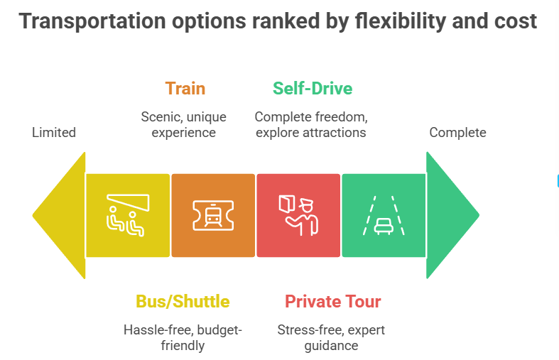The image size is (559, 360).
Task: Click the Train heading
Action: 185,89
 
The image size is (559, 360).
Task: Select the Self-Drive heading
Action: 312,89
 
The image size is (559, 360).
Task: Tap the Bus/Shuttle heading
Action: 183,301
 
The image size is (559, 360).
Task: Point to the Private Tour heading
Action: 332,301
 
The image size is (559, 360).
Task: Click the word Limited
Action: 54,132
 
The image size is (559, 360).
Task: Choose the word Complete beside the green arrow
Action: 457,132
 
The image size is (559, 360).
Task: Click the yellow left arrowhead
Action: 60,214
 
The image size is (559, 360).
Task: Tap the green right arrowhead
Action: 451,214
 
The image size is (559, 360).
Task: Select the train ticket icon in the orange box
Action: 212,215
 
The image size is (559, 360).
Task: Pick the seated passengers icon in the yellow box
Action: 127,215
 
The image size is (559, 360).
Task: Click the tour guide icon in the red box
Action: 298,215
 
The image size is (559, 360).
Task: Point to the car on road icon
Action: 384,215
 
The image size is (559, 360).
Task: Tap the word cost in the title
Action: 516,21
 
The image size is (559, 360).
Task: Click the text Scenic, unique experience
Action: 184,124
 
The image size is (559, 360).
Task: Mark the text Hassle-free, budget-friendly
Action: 183,337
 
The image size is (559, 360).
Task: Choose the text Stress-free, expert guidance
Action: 332,337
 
